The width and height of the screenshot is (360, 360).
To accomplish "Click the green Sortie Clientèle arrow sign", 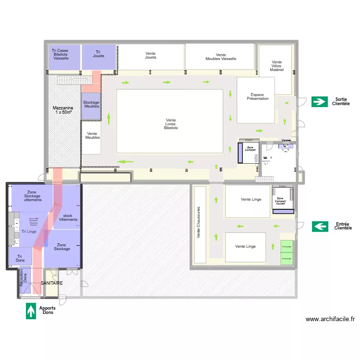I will (x=319, y=101).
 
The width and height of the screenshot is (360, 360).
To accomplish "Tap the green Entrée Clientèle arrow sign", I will (x=320, y=226).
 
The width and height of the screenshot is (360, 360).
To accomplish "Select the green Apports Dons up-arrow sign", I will (x=31, y=311).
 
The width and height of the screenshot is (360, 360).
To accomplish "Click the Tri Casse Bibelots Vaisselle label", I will (x=61, y=54).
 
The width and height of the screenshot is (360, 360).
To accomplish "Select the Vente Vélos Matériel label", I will (x=276, y=66).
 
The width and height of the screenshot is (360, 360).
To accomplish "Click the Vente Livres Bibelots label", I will (x=170, y=124).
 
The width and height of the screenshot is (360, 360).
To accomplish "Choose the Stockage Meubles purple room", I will (x=91, y=105).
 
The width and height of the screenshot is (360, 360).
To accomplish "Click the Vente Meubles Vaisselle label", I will (x=220, y=57).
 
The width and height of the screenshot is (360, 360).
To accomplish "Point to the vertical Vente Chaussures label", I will (x=199, y=223).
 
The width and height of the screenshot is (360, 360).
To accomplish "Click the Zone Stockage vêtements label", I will (x=32, y=196).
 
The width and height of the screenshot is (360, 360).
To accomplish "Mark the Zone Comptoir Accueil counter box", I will (x=280, y=201).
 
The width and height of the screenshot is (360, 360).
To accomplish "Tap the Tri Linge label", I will (x=29, y=232).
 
